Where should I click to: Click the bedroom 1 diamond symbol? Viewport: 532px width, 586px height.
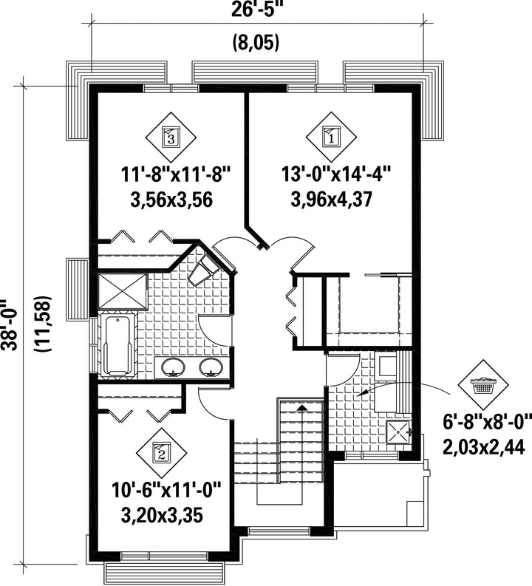(331, 137)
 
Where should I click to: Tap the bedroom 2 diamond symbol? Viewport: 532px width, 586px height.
(161, 452)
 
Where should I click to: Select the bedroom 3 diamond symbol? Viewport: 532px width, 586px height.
(171, 137)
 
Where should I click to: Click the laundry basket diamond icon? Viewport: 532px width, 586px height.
(483, 385)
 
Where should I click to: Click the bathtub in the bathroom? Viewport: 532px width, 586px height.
(117, 345)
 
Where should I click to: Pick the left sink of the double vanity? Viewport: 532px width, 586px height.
(173, 367)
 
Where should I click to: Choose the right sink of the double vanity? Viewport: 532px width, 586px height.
(211, 367)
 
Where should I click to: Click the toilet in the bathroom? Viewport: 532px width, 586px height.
(204, 270)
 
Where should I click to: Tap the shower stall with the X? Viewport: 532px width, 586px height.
(123, 291)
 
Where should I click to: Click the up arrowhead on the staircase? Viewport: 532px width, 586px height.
(301, 407)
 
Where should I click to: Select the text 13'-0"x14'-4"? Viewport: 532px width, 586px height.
(336, 174)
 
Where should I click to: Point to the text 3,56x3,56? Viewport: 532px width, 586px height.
(171, 200)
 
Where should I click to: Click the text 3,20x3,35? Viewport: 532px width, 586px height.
(162, 515)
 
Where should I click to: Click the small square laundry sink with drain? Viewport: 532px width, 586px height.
(398, 432)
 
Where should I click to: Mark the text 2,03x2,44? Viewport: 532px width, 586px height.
(484, 446)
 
